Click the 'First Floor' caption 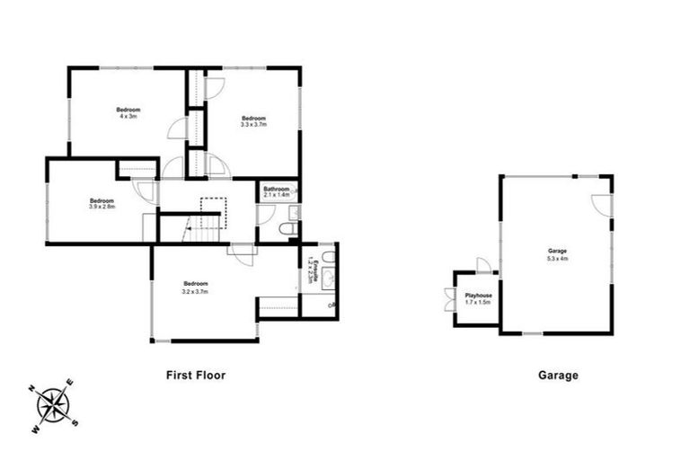(194, 376)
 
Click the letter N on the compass (31, 389)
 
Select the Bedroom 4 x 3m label (128, 113)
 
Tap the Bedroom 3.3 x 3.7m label (253, 121)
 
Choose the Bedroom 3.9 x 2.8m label (102, 204)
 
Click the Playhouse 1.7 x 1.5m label (478, 298)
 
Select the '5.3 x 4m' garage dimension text (558, 258)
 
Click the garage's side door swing (602, 206)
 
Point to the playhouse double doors (448, 298)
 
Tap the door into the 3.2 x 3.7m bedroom (241, 252)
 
